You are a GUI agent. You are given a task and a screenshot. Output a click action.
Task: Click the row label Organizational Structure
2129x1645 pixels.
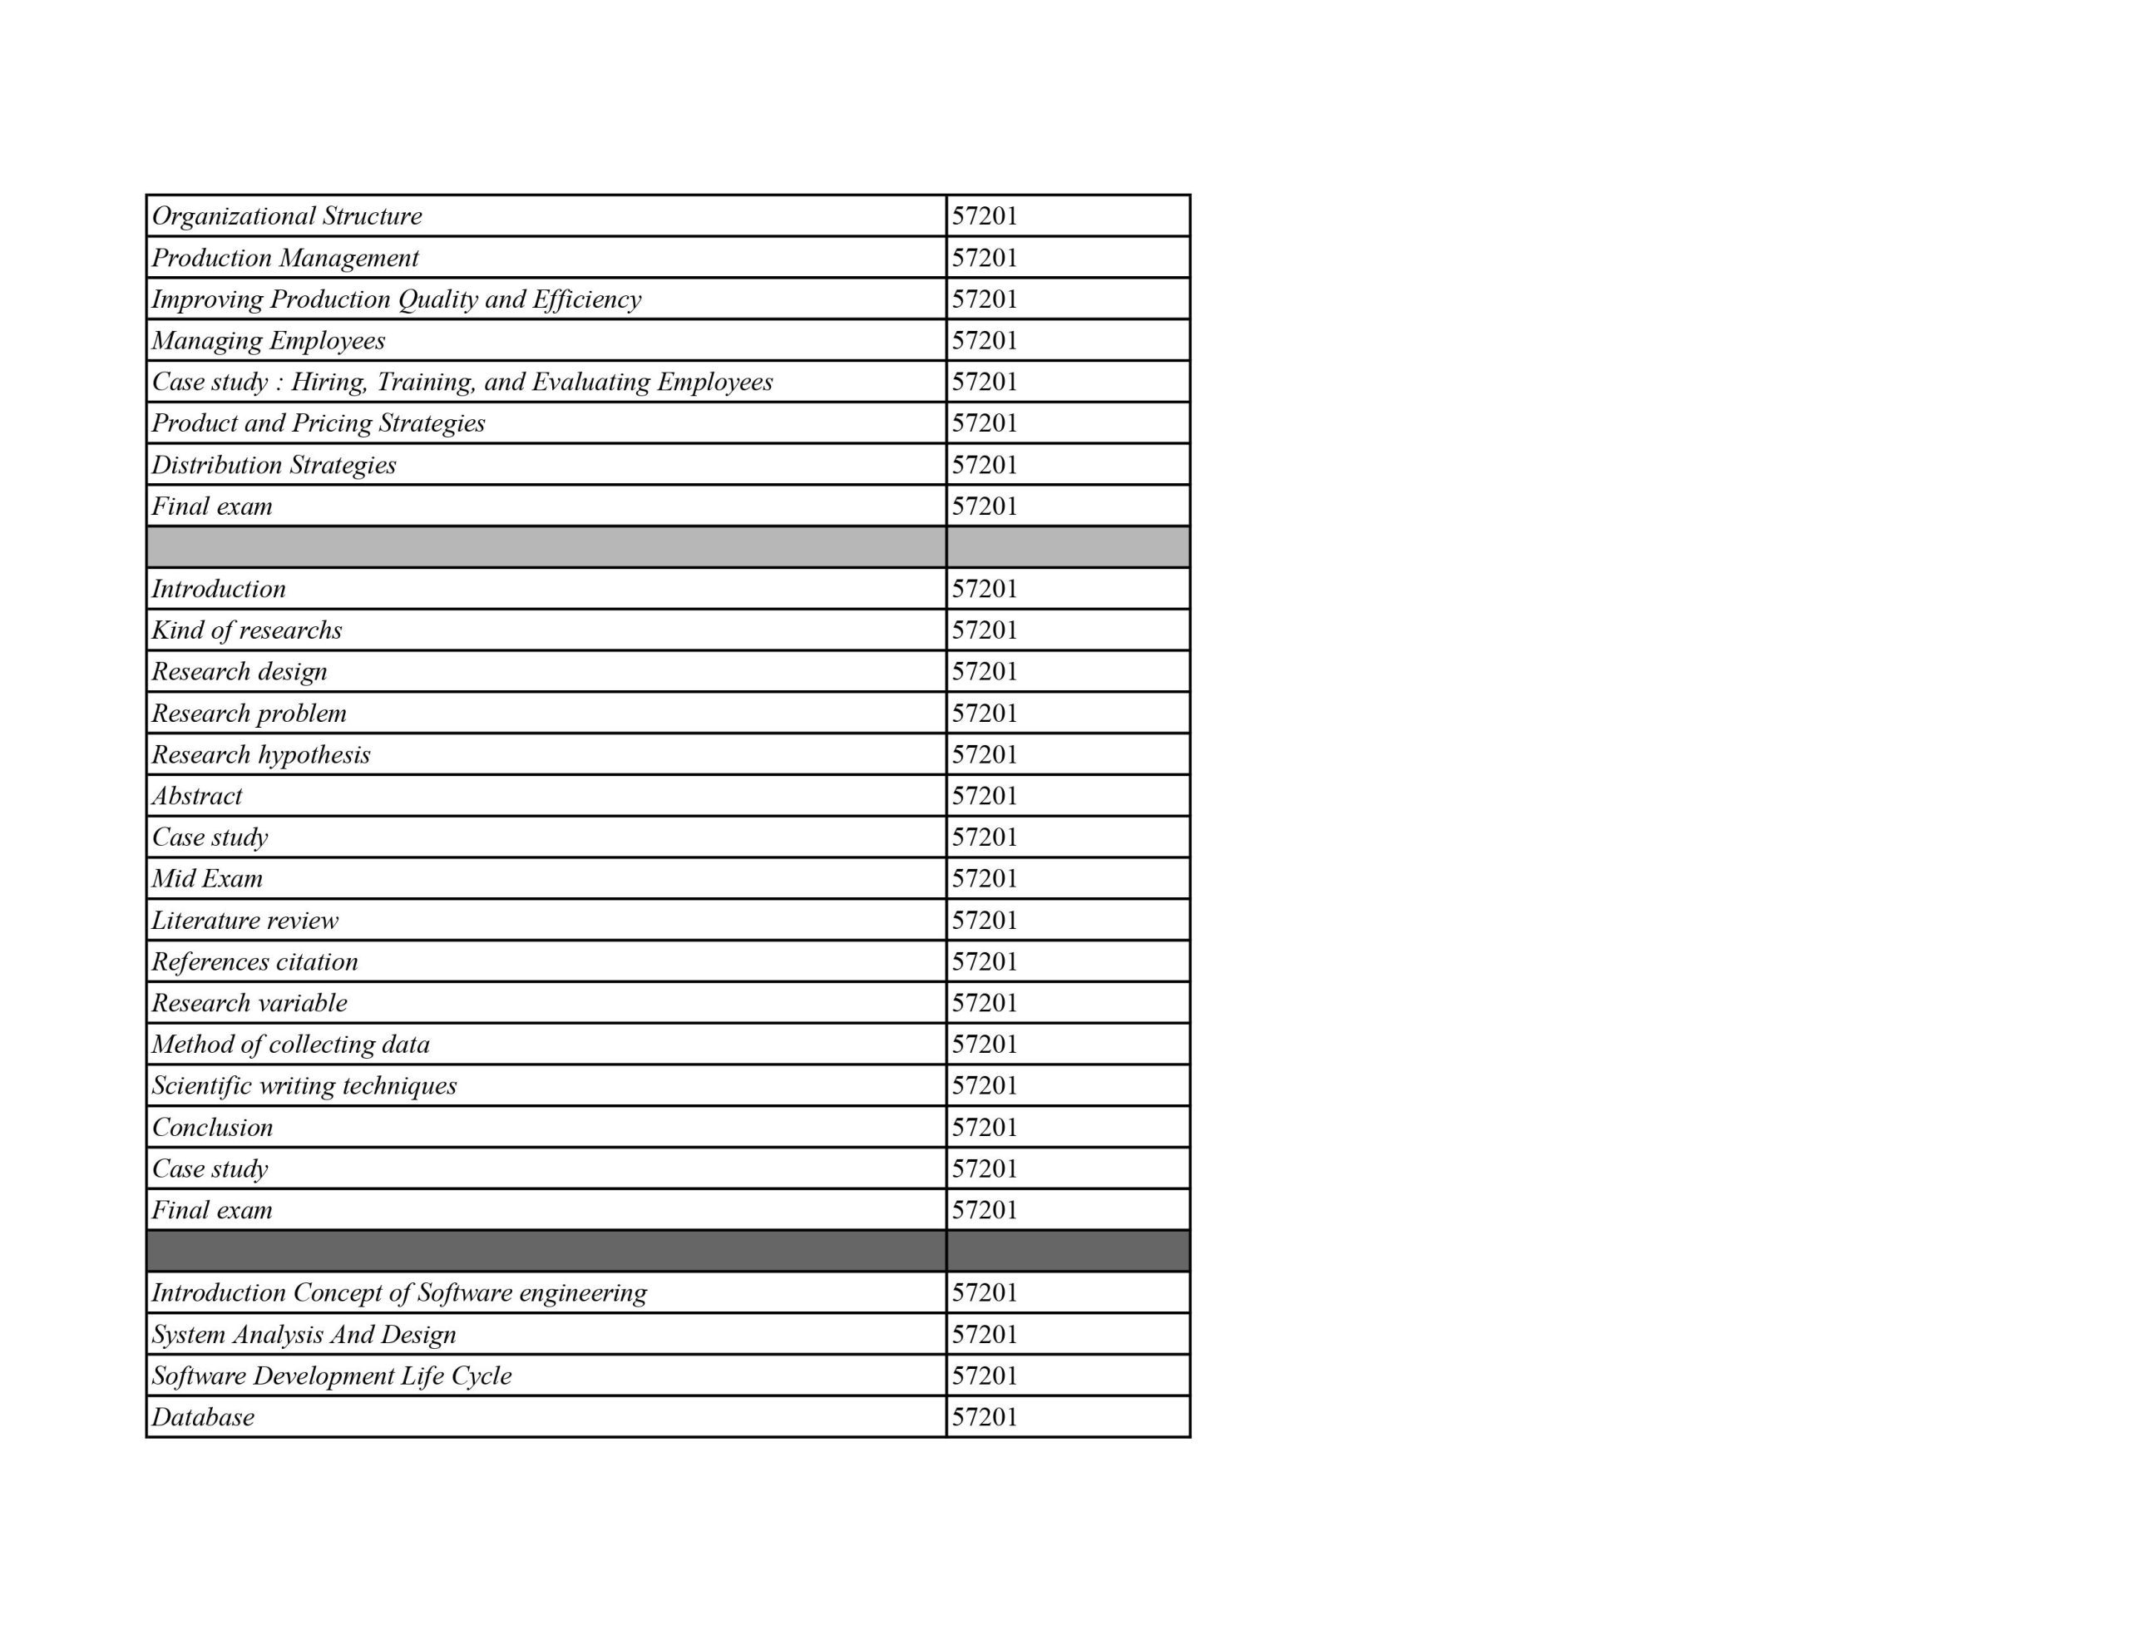(x=287, y=215)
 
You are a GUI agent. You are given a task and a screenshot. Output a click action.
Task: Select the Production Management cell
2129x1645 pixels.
(x=284, y=258)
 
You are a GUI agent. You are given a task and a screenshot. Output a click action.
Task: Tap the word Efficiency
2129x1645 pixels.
(x=587, y=299)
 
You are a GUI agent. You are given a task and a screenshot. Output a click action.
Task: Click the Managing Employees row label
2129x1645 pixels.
(x=268, y=340)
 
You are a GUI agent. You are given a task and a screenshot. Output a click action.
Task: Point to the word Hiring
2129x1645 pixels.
(x=329, y=381)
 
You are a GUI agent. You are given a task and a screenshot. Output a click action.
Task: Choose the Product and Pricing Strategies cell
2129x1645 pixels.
(x=318, y=423)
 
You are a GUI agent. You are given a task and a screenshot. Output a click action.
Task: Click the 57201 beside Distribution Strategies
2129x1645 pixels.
(x=985, y=465)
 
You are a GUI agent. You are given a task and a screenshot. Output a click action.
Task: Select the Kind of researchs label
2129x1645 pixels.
(x=247, y=630)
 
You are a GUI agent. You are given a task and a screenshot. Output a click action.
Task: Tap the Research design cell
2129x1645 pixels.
(x=239, y=672)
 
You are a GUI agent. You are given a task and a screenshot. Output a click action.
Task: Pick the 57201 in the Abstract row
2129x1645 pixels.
(x=985, y=796)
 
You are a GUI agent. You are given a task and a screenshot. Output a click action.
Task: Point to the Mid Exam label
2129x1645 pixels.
(x=206, y=878)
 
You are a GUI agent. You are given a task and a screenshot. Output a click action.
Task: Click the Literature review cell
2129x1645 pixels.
(x=245, y=921)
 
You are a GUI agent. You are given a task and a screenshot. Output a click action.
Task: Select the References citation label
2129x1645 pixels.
(x=254, y=961)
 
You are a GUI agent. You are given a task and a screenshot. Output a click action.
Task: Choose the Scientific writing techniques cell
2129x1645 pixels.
(x=304, y=1085)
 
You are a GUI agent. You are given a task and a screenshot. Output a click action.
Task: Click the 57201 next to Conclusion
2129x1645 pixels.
(x=985, y=1127)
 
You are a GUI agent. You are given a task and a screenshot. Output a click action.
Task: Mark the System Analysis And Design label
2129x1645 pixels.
(x=304, y=1334)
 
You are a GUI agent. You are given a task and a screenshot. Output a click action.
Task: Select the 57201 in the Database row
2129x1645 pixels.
(x=985, y=1417)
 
